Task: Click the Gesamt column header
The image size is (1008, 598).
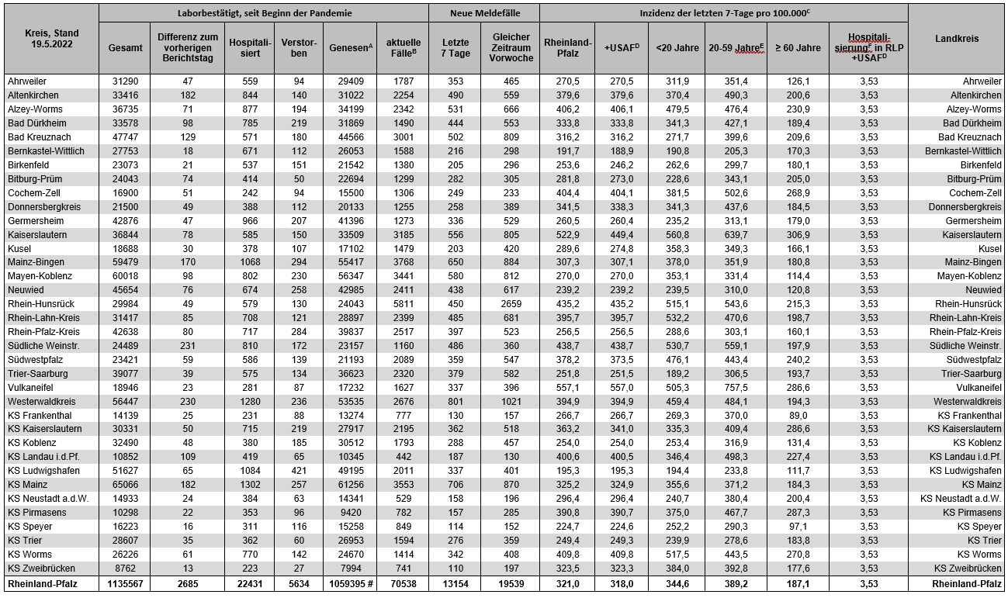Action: click(125, 47)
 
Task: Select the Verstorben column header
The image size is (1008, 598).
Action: click(299, 47)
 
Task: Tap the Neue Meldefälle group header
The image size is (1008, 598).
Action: click(484, 13)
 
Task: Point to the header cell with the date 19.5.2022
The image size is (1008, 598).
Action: click(50, 39)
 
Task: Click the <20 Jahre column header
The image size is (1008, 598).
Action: click(677, 47)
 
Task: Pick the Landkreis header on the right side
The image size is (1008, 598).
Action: click(956, 39)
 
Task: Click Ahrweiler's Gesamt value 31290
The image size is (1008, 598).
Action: click(125, 81)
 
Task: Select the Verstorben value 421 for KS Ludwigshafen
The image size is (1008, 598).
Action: click(299, 471)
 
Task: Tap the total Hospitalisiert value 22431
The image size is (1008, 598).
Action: click(250, 584)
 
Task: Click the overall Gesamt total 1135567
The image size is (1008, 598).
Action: click(125, 584)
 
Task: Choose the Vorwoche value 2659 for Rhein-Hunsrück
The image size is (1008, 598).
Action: click(511, 303)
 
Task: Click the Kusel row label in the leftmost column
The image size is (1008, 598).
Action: click(21, 247)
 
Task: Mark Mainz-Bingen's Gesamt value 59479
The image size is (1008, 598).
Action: click(125, 261)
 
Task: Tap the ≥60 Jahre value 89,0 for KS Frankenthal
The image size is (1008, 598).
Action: click(798, 415)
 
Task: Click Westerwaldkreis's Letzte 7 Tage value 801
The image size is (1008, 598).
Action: click(456, 401)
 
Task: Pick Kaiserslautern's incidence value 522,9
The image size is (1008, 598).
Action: click(567, 233)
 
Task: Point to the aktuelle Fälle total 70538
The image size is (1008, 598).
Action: click(401, 584)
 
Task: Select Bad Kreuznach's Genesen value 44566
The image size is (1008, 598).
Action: click(350, 137)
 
